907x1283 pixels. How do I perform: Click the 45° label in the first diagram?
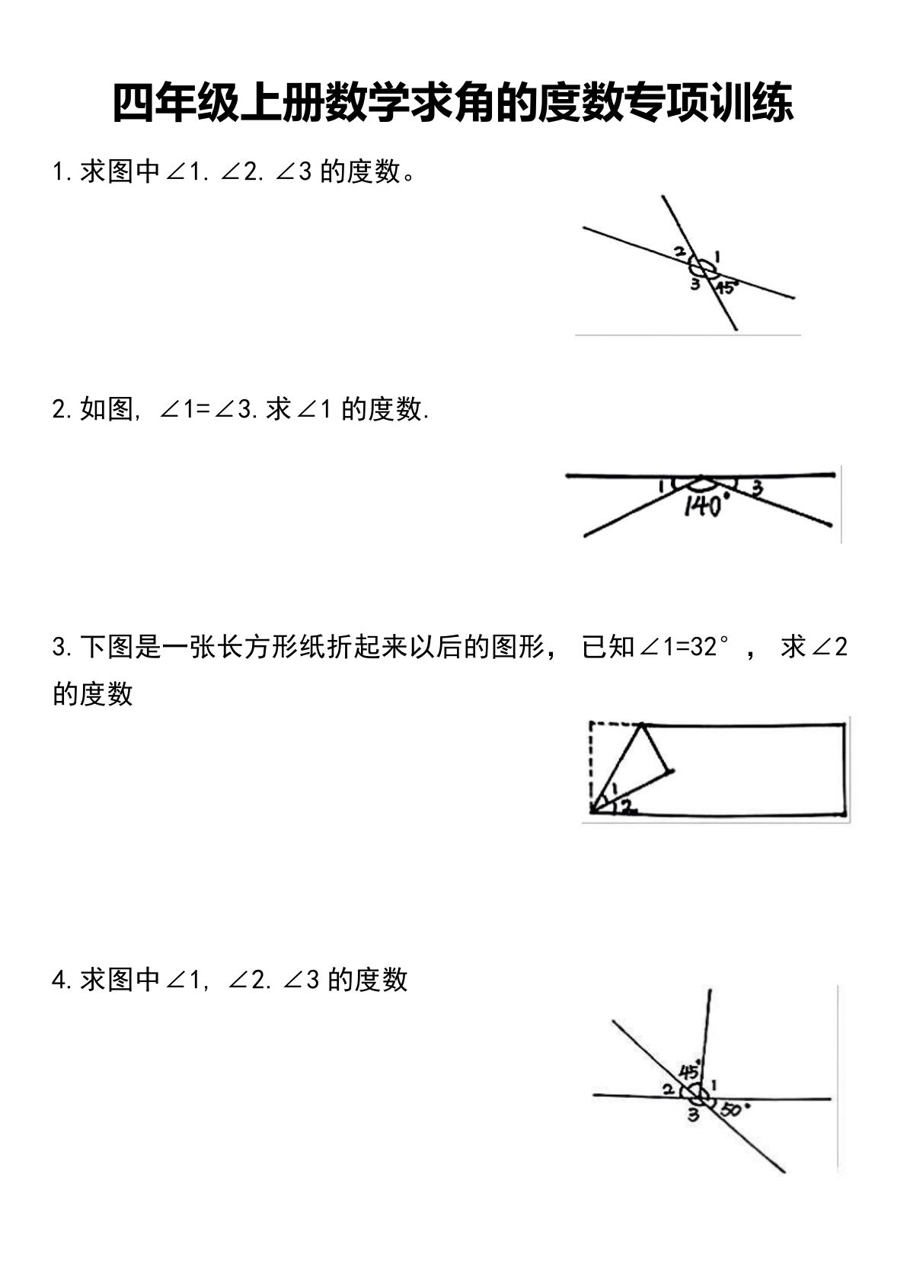point(727,287)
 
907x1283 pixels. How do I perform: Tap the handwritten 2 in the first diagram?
point(679,252)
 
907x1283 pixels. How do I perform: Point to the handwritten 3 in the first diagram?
point(695,285)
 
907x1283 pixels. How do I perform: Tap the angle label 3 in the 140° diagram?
point(757,488)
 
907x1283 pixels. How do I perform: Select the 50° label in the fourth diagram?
point(733,1109)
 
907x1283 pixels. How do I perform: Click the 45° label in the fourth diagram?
point(690,1071)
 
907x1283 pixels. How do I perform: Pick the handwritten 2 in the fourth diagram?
point(667,1090)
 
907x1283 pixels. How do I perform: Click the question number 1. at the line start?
point(62,172)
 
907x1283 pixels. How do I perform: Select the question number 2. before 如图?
point(62,410)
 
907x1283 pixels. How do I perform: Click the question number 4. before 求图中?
point(62,980)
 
